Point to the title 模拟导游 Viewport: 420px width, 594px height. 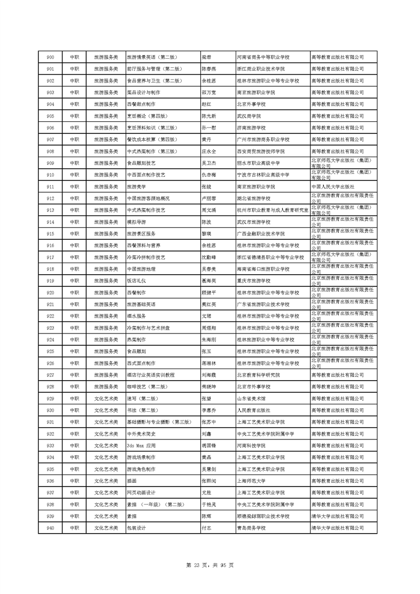[x=137, y=222]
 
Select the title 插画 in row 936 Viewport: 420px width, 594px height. [x=132, y=481]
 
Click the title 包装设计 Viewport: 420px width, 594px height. [x=137, y=528]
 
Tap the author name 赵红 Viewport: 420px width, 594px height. [x=207, y=104]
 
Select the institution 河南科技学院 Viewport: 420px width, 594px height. [x=252, y=445]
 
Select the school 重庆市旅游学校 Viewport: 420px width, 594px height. [x=254, y=281]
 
